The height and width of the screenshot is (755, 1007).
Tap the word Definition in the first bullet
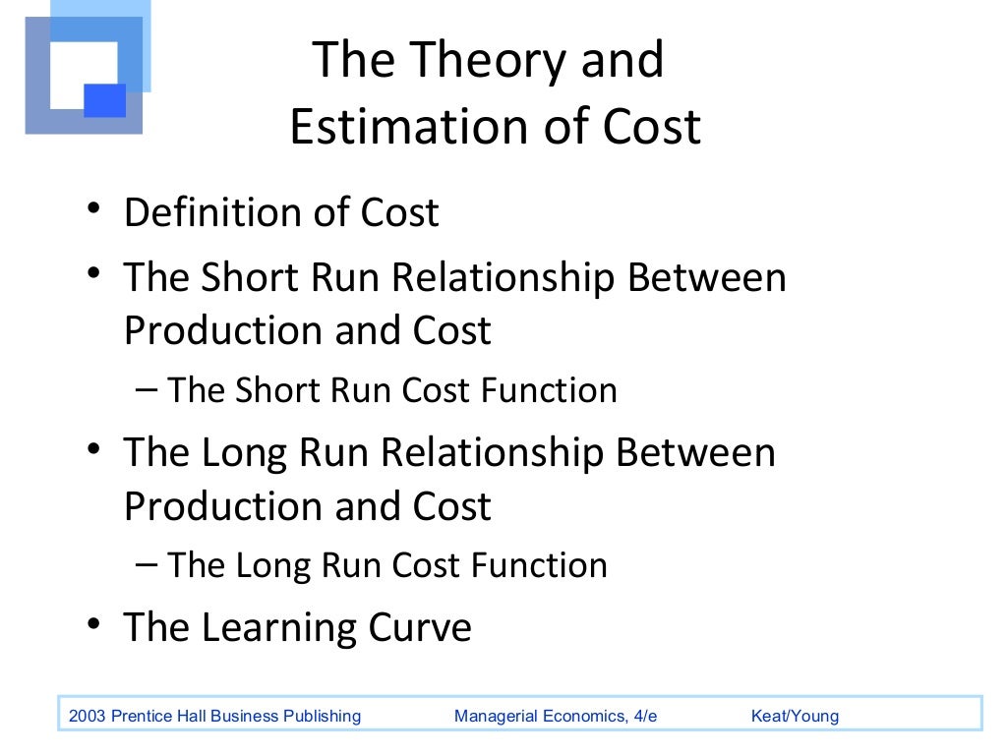click(210, 213)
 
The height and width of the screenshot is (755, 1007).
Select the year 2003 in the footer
click(87, 716)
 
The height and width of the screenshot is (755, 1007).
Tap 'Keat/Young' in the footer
click(795, 716)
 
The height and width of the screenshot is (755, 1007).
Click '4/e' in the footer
click(645, 716)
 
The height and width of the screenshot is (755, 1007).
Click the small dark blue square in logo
click(105, 100)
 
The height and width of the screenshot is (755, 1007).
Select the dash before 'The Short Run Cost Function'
click(148, 388)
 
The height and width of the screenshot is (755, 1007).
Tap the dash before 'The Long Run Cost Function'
click(148, 563)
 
